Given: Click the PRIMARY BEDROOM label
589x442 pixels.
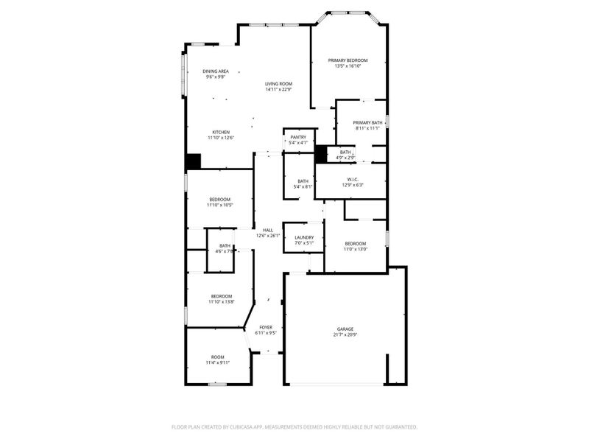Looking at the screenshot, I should coord(348,60).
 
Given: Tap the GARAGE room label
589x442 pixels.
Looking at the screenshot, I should coord(345,329).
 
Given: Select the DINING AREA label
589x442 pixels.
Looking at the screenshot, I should coord(215,71).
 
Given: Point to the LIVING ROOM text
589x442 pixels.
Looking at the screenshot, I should coord(278,84).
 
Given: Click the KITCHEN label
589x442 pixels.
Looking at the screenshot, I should coord(221,132).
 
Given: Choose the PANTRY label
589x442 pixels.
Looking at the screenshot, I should coord(297,137).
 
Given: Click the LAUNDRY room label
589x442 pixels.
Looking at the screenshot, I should coord(304,237).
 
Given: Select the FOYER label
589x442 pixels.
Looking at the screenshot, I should coord(265,327).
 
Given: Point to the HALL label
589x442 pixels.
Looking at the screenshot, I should coord(267,230).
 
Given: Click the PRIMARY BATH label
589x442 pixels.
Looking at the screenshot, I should coord(367,123).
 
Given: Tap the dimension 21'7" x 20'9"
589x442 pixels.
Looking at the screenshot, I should coord(345,335).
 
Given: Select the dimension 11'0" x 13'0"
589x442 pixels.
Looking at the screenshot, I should coord(356,249).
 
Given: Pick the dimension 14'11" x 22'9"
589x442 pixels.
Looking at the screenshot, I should coord(278,90).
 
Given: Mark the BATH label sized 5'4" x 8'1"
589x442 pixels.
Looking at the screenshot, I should coord(303,181).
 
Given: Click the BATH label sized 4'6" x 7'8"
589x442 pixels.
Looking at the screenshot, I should coord(225,246).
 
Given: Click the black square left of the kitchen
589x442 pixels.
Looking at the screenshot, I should coord(193,161).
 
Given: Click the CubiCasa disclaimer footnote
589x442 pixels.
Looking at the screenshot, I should coord(294,427).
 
